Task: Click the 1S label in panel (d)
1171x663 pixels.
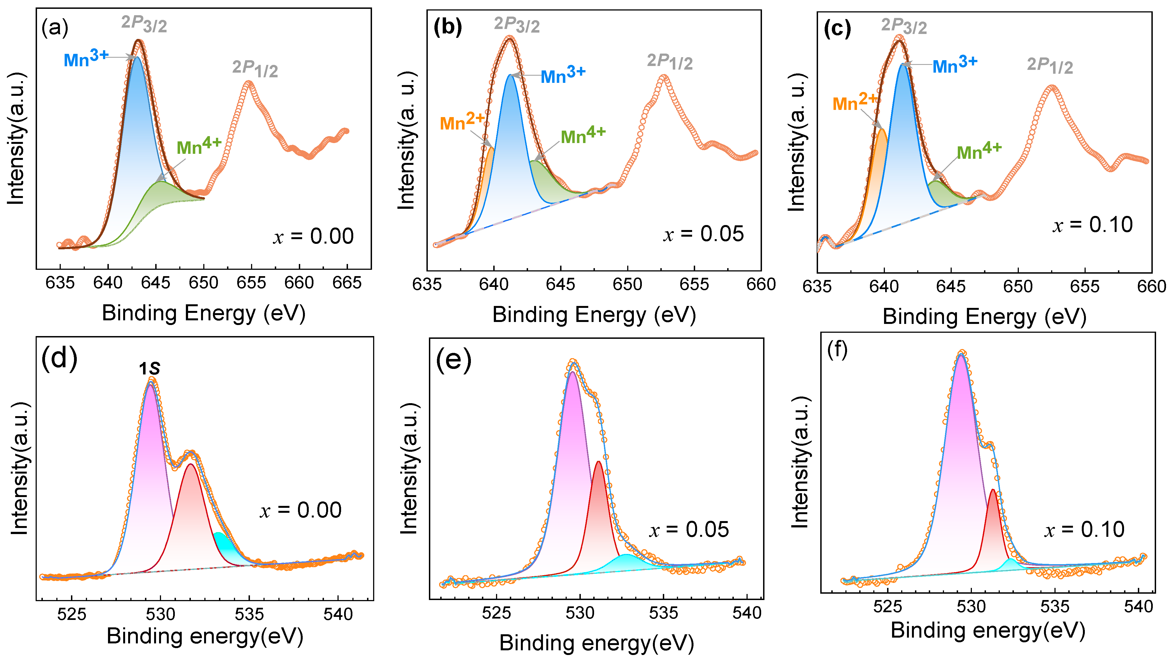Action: (149, 368)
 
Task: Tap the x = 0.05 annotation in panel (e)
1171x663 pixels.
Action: (689, 530)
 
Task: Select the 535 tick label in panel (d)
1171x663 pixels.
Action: (249, 614)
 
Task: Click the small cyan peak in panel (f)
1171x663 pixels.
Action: (1010, 565)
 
